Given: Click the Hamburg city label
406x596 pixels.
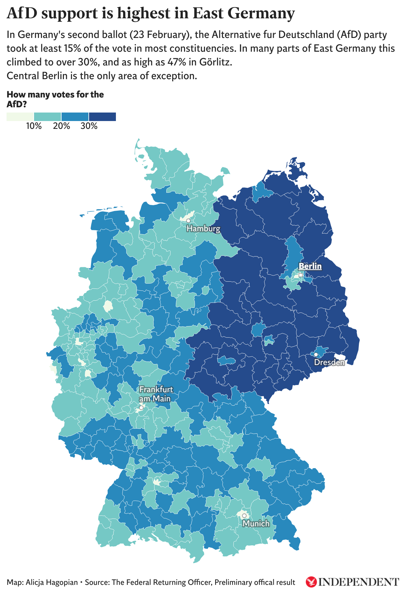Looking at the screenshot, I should coord(203,229).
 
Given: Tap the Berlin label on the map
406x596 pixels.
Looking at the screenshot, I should coord(310,266).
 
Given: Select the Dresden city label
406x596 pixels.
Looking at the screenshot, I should coord(329,362).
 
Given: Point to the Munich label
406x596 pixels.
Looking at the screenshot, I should coord(256,524).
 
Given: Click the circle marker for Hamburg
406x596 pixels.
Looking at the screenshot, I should coord(188,221).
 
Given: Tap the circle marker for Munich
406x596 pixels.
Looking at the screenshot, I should coord(244,516).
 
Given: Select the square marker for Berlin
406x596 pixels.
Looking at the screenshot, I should coord(300,275).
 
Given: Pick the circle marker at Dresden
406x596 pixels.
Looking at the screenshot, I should coord(316,355).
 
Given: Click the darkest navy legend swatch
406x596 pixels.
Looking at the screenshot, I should coord(102,117).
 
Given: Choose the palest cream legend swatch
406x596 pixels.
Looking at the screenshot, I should coord(20,117).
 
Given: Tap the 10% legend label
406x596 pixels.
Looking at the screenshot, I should coord(34,126).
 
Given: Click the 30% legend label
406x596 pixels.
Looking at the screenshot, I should coord(89,126).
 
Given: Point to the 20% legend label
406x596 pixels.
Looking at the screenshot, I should coord(61,126).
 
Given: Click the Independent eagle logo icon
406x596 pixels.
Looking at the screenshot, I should coord(311,582).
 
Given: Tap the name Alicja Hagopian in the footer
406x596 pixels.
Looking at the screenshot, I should coord(52,582).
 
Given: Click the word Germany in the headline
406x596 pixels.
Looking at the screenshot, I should coord(261,13).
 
